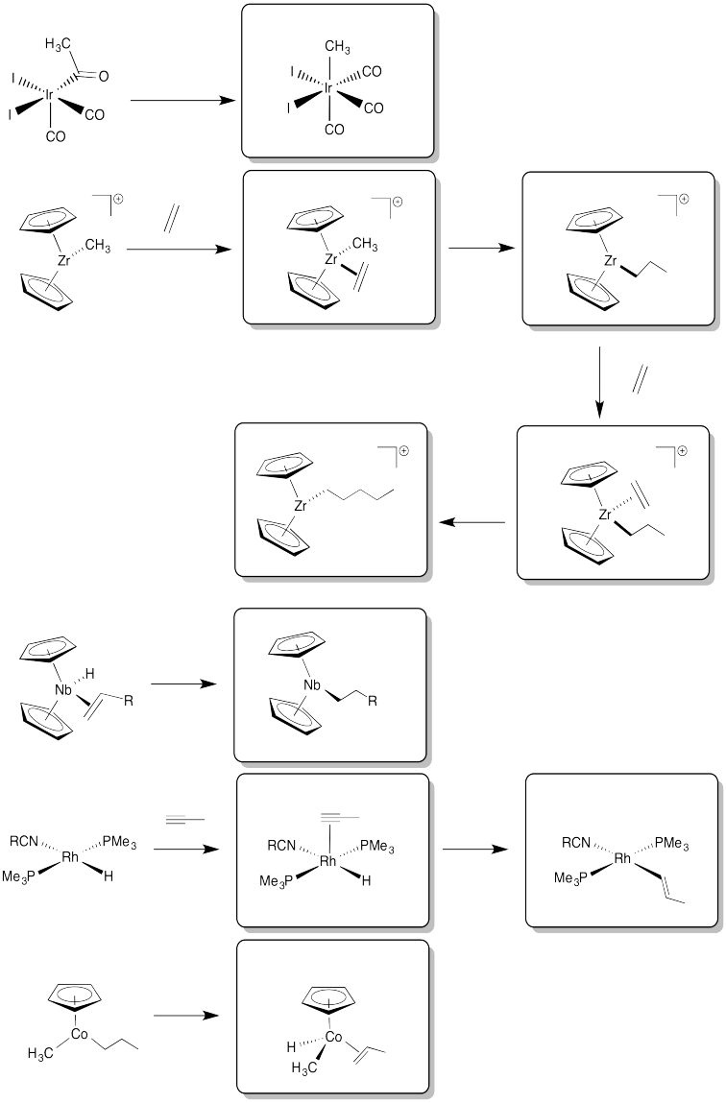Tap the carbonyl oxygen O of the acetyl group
point(104,76)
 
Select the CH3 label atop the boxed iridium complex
point(338,48)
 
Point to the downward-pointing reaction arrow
point(599,382)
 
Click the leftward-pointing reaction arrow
point(472,522)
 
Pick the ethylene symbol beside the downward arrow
point(641,380)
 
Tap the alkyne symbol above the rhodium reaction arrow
point(185,819)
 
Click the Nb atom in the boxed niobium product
point(312,685)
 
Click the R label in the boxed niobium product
point(373,702)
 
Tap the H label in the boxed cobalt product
point(291,1046)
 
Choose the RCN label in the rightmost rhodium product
point(576,843)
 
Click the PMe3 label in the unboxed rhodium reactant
point(120,842)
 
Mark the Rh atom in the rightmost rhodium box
point(622,858)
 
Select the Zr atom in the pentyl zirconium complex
point(302,505)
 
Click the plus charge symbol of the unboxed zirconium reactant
point(117,200)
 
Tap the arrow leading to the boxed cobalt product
point(185,1016)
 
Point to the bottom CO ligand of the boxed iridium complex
point(335,130)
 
